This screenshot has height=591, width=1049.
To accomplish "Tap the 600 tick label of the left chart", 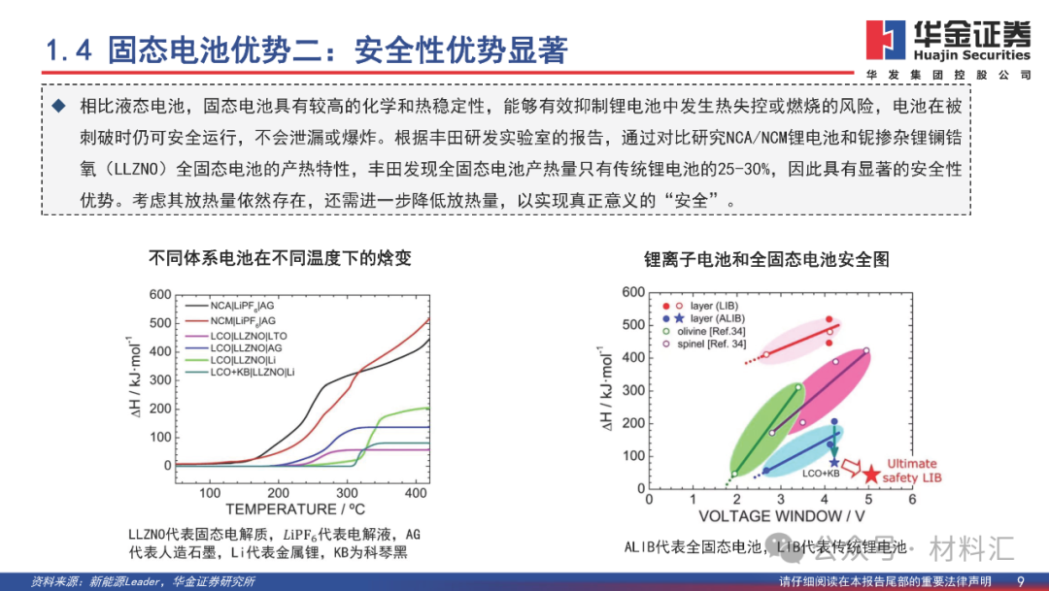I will pos(159,295).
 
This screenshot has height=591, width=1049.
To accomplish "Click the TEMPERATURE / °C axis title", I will pos(283,509).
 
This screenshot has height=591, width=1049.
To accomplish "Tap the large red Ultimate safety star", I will pos(871,474).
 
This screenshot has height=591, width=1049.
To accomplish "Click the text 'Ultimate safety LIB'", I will pos(914,471).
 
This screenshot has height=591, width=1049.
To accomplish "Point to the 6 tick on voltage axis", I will pos(912,499).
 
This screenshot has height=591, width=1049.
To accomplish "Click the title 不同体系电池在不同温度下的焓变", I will pos(280,259).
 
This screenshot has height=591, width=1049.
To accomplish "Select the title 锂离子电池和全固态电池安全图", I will pos(766,260).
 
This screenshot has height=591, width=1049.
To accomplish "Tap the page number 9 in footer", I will pos(1020,580).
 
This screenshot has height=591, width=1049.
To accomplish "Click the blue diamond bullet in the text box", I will pos(60,105).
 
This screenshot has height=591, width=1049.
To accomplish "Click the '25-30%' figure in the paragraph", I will pos(743,169).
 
